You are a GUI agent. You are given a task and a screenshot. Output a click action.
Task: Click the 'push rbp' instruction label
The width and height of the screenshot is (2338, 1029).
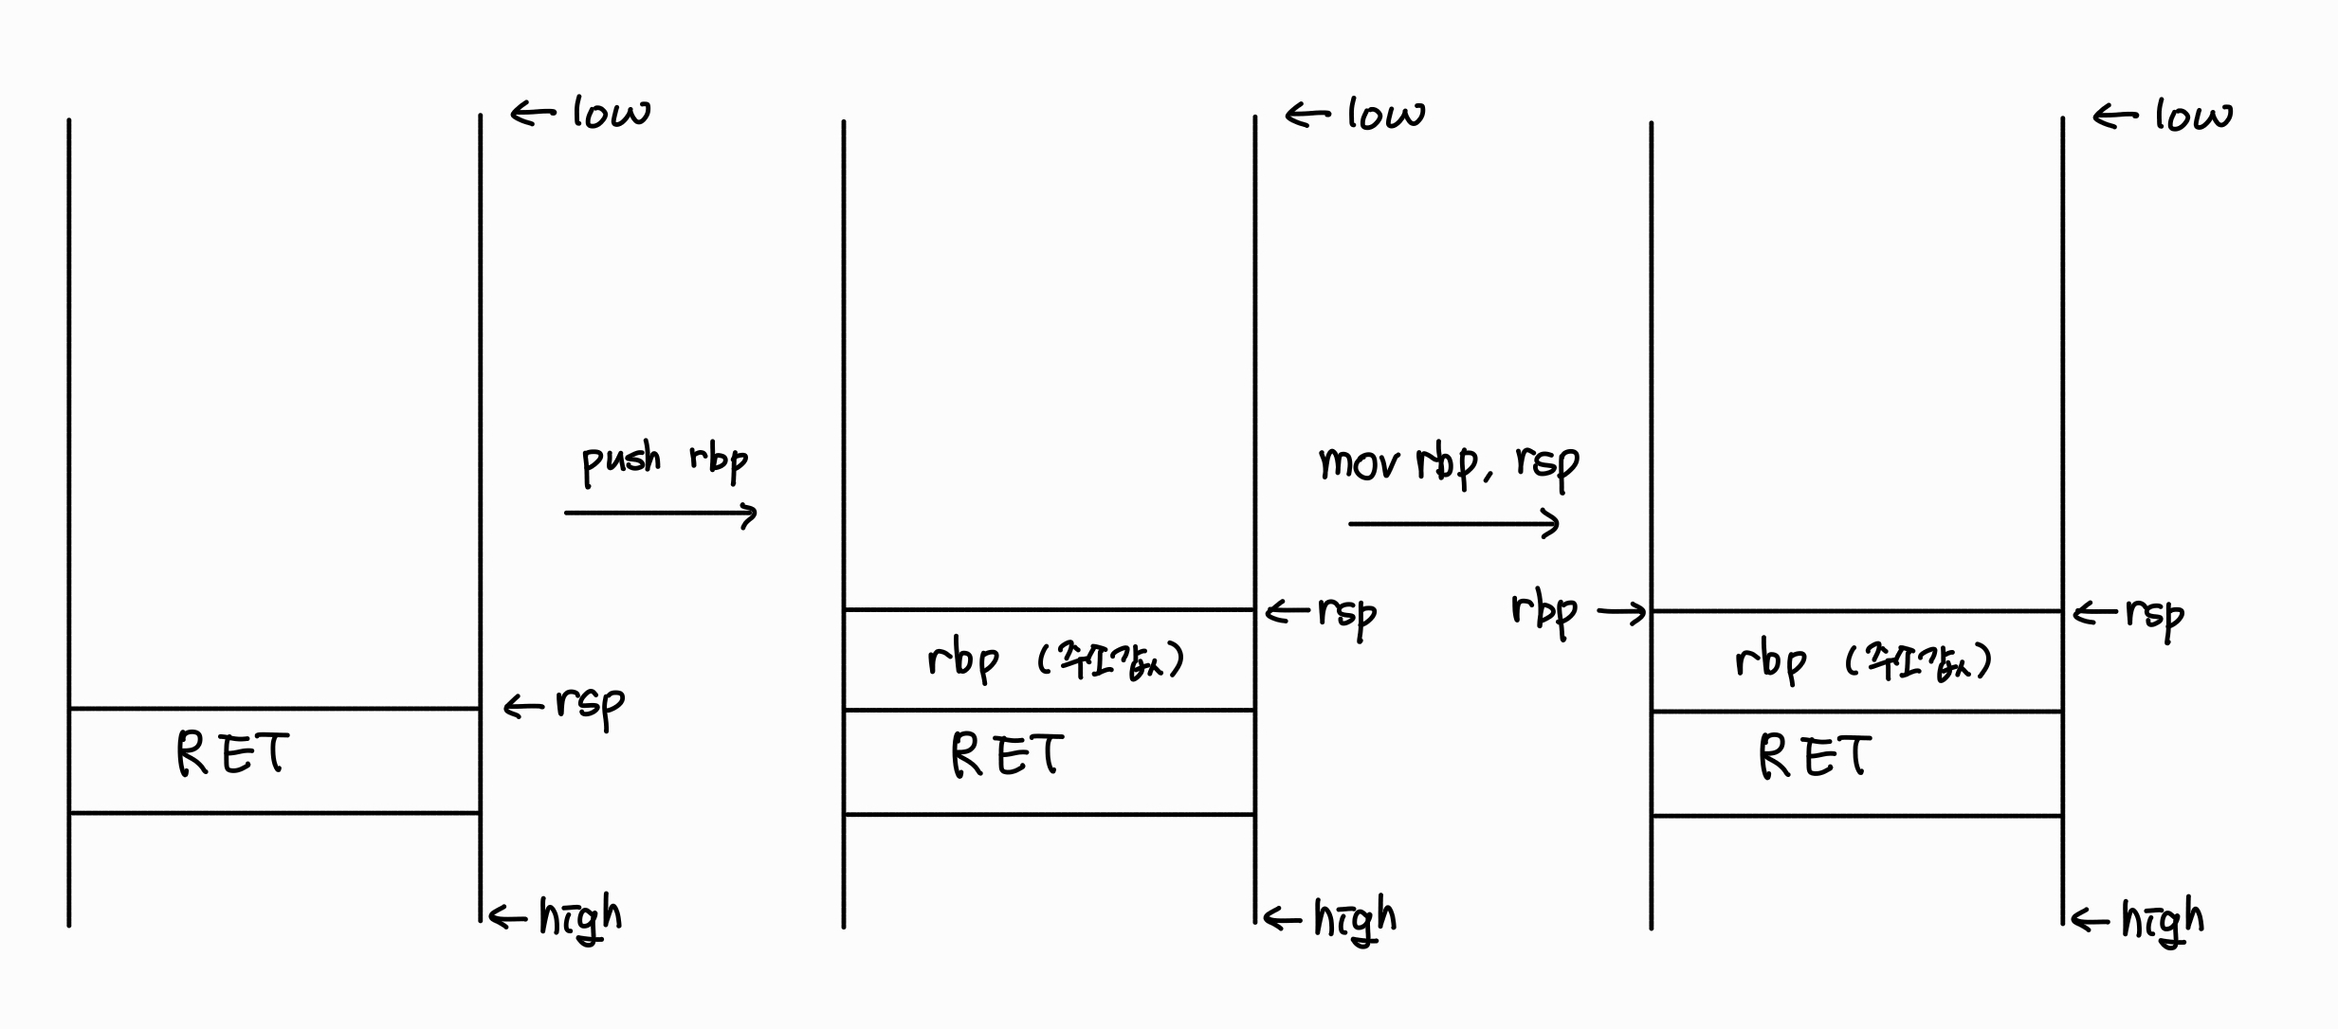tap(664, 460)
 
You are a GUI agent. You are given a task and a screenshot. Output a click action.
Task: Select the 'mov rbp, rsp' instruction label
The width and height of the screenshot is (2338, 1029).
tap(1449, 464)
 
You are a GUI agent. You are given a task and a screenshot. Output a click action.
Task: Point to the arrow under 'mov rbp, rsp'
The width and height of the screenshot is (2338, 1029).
tap(1453, 523)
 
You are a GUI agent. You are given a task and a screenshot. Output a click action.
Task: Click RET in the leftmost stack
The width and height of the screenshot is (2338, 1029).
tap(233, 755)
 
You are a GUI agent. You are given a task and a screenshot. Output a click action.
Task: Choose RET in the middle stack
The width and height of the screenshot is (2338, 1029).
tap(1008, 756)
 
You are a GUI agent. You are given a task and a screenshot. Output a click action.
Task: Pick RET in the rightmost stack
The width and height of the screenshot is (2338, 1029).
tap(1815, 758)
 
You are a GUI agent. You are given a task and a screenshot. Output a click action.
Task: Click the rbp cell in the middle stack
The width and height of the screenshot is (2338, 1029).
tap(1050, 660)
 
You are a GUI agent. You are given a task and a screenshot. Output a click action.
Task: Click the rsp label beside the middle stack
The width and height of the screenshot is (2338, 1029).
tap(1346, 614)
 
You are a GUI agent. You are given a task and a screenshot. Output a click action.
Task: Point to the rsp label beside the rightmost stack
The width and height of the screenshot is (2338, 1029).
tap(2154, 616)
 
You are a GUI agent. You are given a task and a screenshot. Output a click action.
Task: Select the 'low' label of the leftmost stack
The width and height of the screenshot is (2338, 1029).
tap(612, 114)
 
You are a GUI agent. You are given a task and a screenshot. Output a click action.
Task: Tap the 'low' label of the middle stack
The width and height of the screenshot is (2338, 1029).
tap(1386, 115)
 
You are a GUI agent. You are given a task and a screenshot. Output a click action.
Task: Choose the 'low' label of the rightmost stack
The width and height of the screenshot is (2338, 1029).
tap(2193, 117)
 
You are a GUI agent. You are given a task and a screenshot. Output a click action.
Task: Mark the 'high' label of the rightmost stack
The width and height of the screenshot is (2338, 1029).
tap(2163, 920)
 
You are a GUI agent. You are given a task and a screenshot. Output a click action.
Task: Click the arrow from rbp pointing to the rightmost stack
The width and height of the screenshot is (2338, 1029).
tap(1622, 614)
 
